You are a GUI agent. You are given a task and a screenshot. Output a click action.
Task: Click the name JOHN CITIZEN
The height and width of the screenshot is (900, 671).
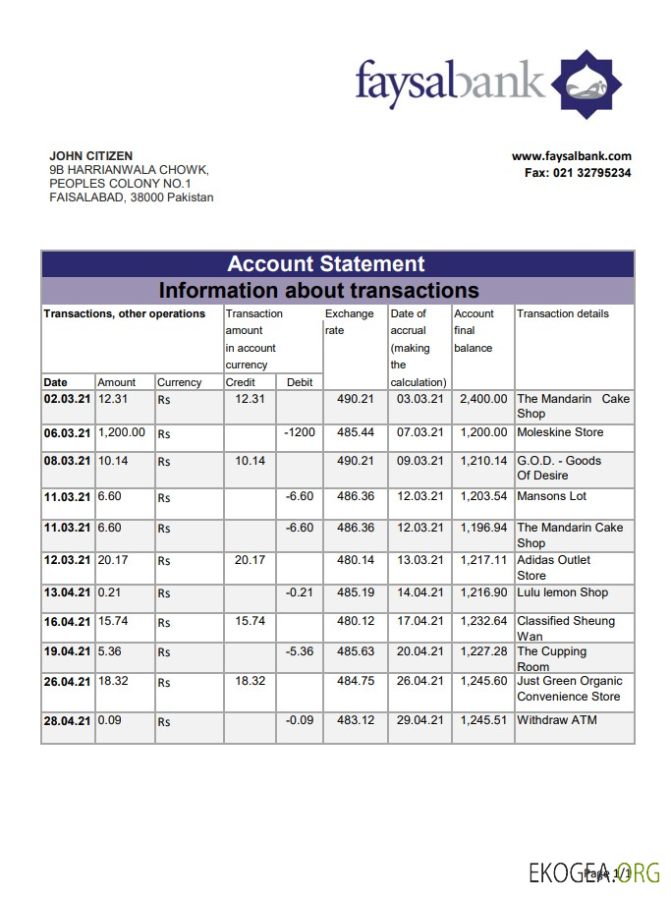[91, 156]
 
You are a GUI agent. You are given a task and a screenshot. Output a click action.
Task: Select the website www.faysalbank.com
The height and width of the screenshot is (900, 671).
[571, 156]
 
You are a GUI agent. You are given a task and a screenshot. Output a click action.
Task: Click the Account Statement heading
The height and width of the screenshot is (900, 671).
[325, 263]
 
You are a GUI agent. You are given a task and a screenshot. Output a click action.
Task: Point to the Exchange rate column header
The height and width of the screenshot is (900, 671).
[350, 322]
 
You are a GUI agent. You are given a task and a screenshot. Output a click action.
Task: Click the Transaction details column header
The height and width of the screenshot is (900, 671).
[563, 313]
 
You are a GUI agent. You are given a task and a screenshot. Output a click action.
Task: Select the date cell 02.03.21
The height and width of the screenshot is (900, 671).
[67, 399]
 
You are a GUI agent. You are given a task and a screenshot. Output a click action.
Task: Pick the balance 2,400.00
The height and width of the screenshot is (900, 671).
[483, 399]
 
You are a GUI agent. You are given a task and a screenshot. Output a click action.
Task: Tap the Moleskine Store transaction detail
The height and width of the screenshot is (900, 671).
[560, 432]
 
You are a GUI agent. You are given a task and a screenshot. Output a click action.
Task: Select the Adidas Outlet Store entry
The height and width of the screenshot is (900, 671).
[554, 567]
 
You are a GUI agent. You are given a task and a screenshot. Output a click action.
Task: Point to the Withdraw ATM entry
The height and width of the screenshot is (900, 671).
[557, 720]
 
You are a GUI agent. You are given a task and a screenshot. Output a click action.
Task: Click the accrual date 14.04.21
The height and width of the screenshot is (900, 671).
[419, 592]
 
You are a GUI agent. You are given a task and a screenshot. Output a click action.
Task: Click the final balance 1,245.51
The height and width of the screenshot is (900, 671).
[483, 720]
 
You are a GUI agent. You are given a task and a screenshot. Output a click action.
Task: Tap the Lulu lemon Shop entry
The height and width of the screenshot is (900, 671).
[562, 592]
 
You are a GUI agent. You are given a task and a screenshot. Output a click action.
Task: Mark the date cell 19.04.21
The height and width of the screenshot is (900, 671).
[67, 651]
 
